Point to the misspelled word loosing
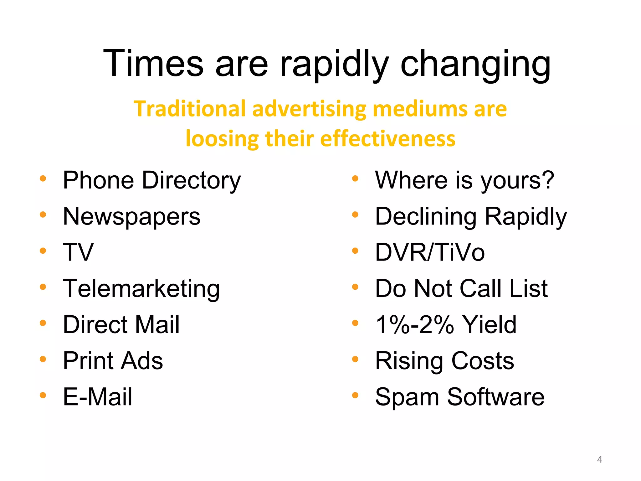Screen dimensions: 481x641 point(222,139)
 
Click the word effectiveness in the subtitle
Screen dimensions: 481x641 point(388,139)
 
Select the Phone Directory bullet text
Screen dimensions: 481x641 point(152,181)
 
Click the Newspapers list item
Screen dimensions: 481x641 point(131,217)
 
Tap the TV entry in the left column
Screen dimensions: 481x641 point(78,252)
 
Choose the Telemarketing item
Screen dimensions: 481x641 point(141,289)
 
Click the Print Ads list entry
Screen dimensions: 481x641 point(113,361)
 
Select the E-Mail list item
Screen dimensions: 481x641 point(97,397)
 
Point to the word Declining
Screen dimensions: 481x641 point(426,217)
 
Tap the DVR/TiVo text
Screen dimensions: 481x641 point(430,252)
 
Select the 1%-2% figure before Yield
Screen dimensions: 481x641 point(414,325)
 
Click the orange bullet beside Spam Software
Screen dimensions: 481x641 point(355,395)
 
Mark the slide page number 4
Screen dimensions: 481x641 point(599,459)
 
